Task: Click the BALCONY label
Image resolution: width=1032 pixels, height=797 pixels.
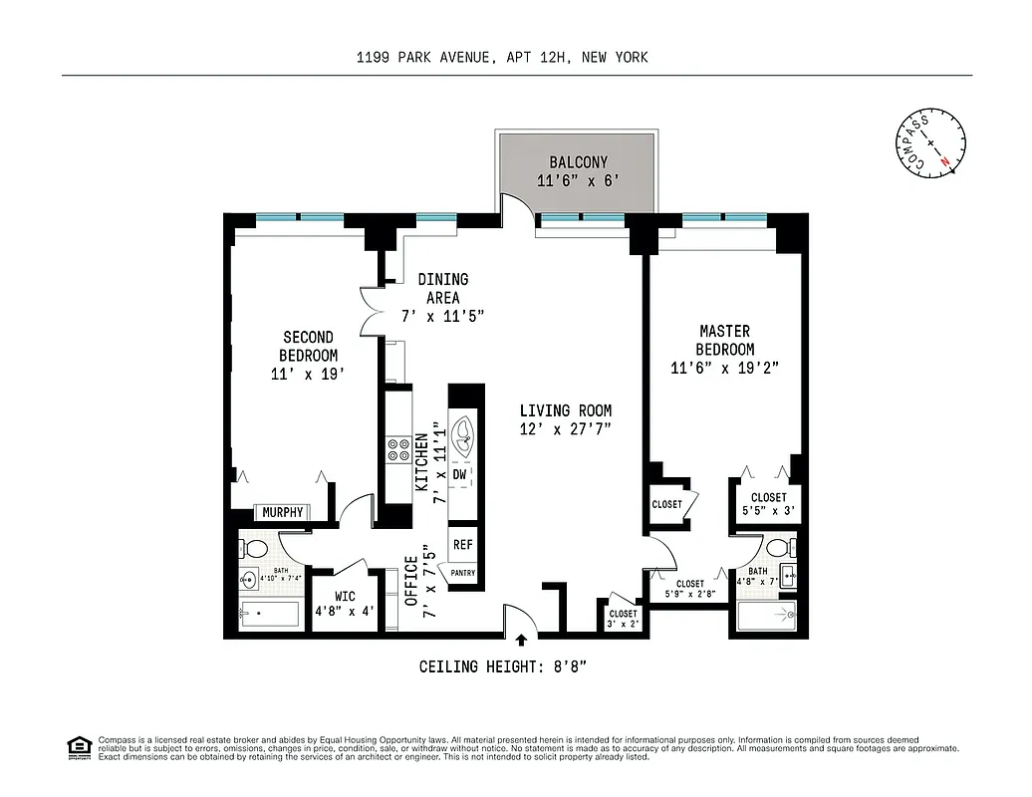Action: [x=578, y=162]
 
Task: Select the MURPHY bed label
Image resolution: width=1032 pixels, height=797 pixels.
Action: [x=283, y=512]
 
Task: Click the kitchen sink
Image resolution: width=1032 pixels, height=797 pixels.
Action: [x=463, y=435]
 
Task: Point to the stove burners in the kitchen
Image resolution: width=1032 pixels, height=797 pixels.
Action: [x=399, y=449]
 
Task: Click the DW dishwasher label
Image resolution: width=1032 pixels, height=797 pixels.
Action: [x=460, y=475]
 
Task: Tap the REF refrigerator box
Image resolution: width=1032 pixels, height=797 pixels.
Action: [x=463, y=545]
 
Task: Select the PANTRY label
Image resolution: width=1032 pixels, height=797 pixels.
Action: [x=463, y=573]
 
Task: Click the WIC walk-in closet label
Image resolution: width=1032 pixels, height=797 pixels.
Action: [x=345, y=597]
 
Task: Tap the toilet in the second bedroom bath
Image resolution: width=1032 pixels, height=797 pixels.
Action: [x=256, y=549]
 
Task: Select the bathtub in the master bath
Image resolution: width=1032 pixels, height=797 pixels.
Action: [x=764, y=618]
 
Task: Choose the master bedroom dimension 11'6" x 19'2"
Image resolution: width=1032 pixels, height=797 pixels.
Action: [x=724, y=368]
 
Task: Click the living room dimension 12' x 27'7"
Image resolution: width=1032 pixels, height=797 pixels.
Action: [x=565, y=428]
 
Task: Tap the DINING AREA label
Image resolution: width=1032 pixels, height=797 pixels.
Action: [x=442, y=288]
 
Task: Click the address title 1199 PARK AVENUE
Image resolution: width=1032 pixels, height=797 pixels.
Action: [x=423, y=57]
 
